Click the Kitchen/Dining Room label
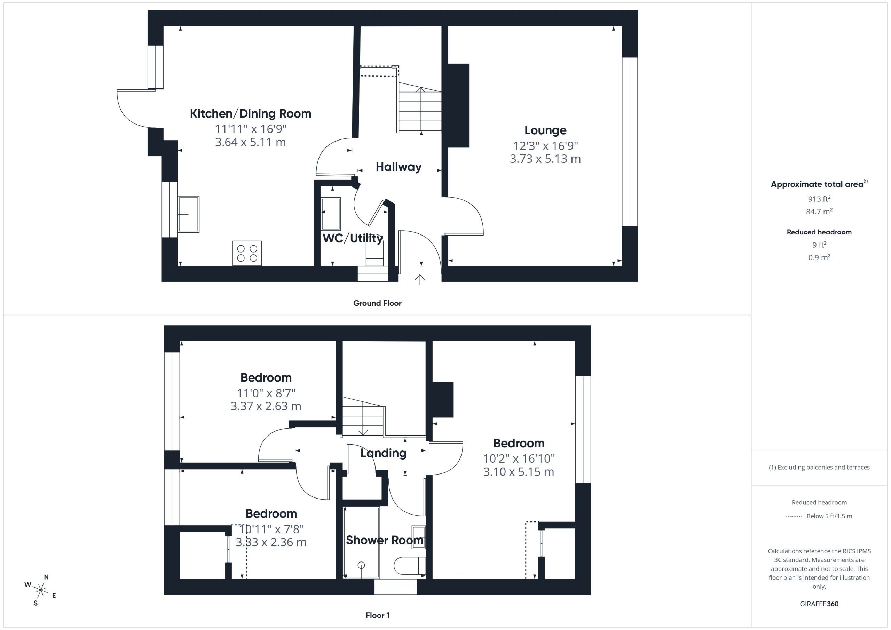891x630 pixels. point(250,114)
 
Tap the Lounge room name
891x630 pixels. point(545,130)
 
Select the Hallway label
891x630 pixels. point(399,167)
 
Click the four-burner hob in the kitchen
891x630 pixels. point(247,253)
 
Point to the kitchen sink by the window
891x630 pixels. point(188,214)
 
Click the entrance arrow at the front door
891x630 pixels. point(419,279)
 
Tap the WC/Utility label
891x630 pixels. point(353,238)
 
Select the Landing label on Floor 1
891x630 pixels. point(384,453)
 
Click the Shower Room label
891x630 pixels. point(385,540)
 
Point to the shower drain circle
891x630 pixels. point(361,565)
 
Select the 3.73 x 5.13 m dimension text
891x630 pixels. point(545,159)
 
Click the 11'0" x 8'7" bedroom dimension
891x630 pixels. point(266,393)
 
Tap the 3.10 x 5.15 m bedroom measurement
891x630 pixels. point(519,472)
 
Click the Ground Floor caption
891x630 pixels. point(377,303)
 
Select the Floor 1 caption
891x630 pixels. point(378,615)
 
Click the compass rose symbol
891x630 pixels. point(41,590)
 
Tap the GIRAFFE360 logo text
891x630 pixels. point(819,604)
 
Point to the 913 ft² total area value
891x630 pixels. point(819,199)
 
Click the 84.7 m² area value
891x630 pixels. point(819,212)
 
